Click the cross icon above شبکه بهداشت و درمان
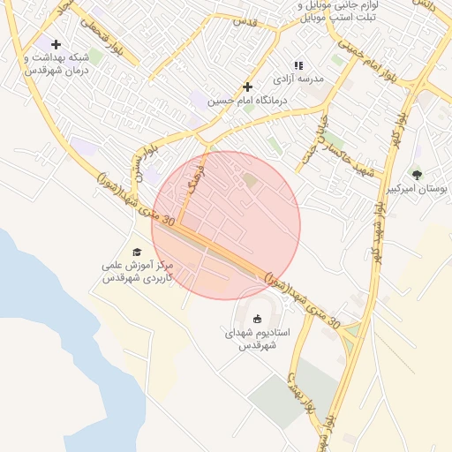[56, 44]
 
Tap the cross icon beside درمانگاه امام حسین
[248, 87]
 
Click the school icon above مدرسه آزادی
[298, 64]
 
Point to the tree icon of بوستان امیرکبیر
[417, 174]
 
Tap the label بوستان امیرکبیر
[421, 190]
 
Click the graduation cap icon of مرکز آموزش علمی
[136, 252]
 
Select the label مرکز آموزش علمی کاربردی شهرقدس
[137, 271]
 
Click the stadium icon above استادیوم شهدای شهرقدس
[257, 318]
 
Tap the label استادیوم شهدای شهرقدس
[257, 338]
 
